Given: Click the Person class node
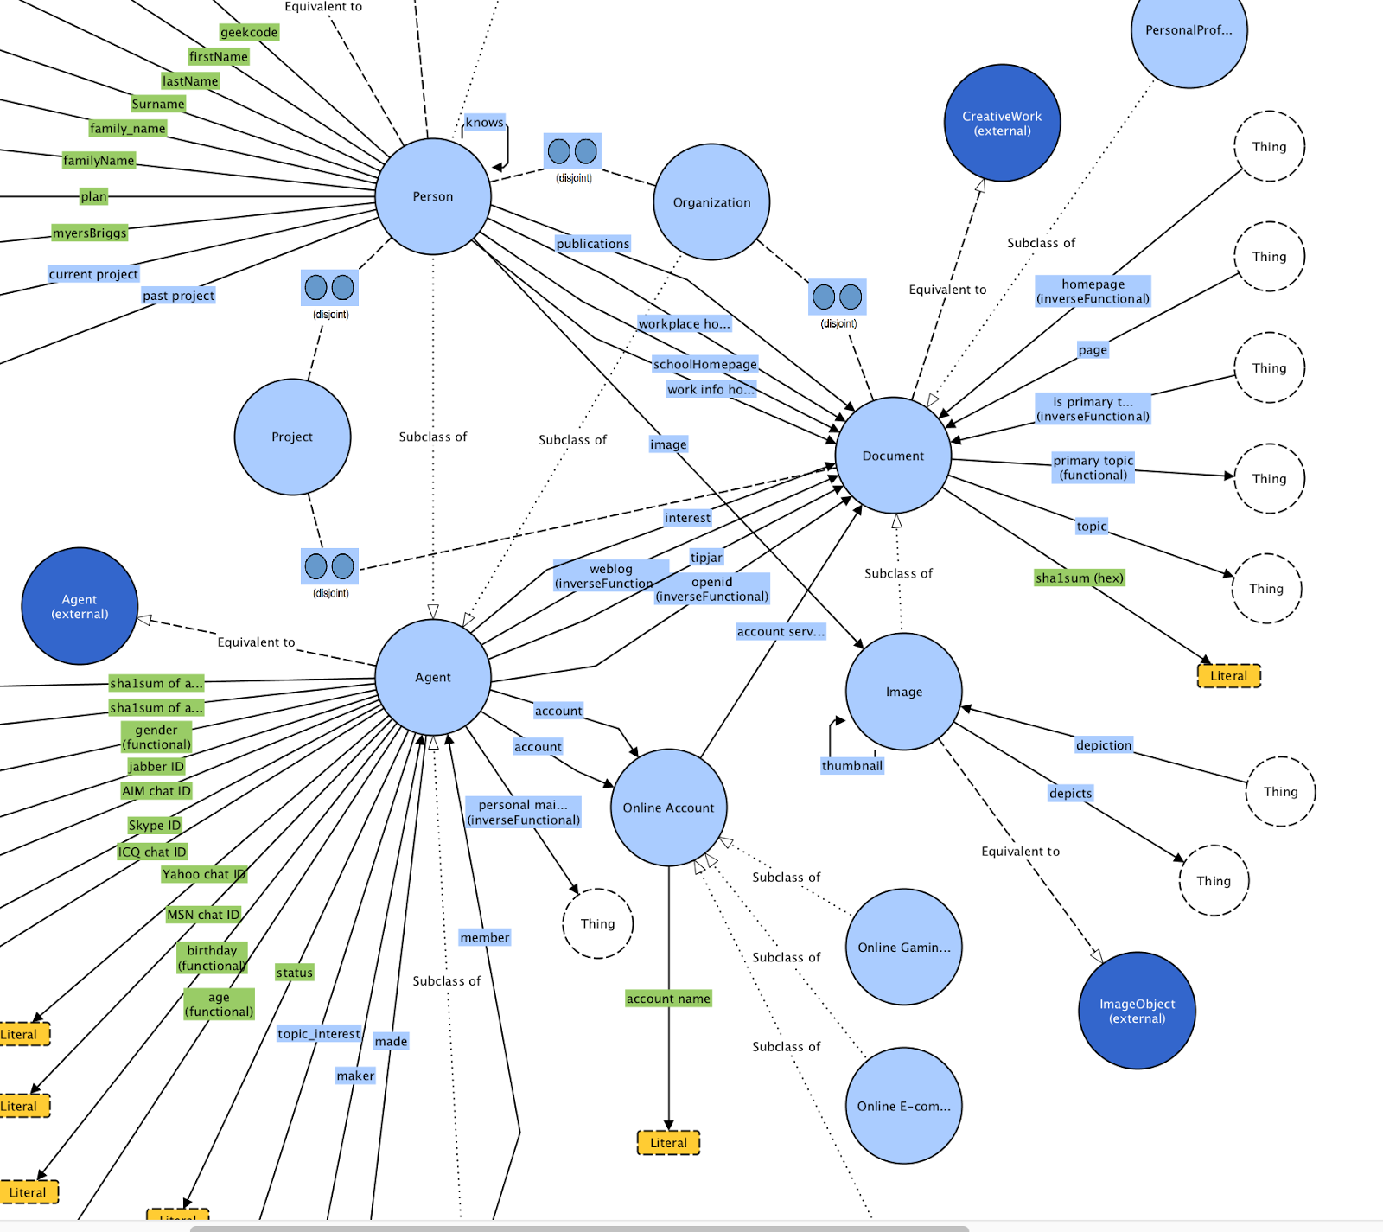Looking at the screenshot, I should coord(433,196).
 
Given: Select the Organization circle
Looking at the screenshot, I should coord(711,202).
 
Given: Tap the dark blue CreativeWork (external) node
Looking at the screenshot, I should coord(1002,123).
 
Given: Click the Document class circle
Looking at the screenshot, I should coord(893,456).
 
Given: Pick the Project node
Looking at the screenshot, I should coord(292,437).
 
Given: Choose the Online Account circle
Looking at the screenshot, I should coord(668,808).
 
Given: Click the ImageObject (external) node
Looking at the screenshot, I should coord(1137,1011).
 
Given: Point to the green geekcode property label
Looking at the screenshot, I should coord(249,32).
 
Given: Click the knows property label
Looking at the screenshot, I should coord(484,123).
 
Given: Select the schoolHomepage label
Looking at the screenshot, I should coord(704,364).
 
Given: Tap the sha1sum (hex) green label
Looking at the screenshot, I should coord(1080,578).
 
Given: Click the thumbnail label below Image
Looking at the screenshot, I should coord(851,765).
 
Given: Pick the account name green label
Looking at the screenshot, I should coord(668,999).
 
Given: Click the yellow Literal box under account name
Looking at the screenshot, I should coord(668,1142).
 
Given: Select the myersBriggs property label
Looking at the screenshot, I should coord(90,233).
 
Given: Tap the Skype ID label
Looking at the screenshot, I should coord(155,825).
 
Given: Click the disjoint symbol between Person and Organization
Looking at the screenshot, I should coord(572,152).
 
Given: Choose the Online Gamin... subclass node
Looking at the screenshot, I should coord(903,947).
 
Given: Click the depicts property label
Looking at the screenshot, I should coord(1070,793).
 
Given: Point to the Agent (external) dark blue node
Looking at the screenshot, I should coord(80,606).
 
